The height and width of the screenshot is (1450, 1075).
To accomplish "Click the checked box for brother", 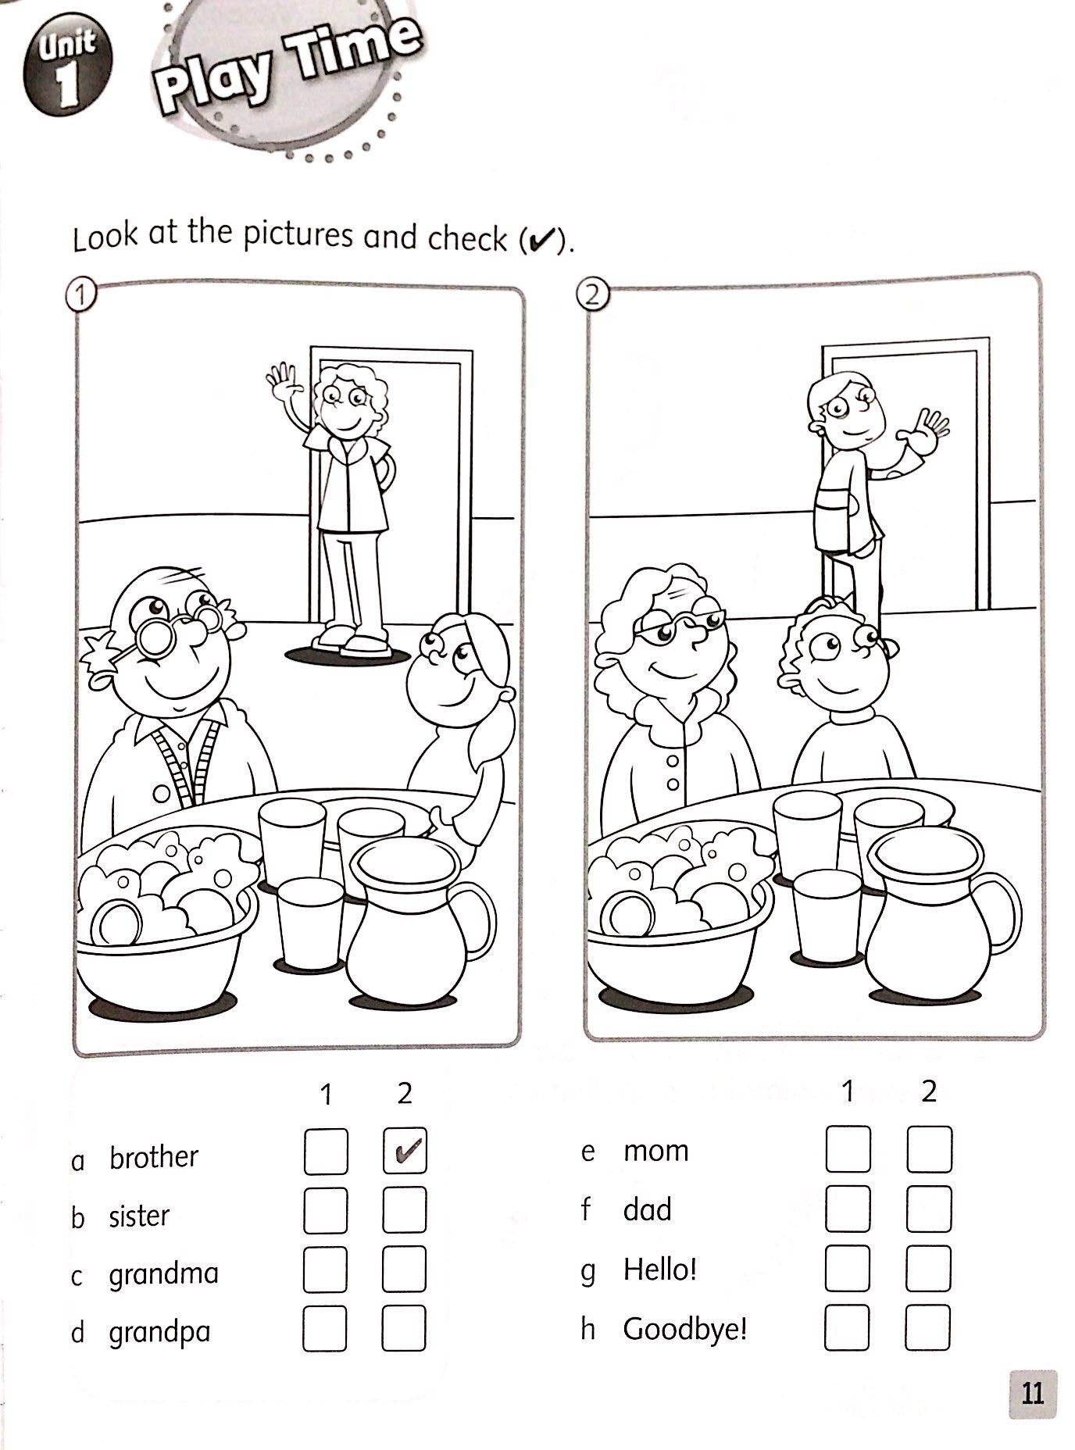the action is pyautogui.click(x=405, y=1151).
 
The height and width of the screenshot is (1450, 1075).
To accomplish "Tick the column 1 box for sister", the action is pyautogui.click(x=326, y=1209).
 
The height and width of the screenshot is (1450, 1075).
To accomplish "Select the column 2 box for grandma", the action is pyautogui.click(x=404, y=1269).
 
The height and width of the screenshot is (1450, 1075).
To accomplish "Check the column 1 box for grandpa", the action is pyautogui.click(x=325, y=1328).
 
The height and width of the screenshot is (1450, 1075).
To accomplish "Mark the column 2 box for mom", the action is pyautogui.click(x=930, y=1149).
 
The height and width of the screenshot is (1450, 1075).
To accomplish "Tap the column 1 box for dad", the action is pyautogui.click(x=848, y=1209).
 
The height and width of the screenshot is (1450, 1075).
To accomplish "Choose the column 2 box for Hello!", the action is pyautogui.click(x=929, y=1268).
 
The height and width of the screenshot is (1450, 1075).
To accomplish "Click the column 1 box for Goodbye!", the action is pyautogui.click(x=847, y=1327).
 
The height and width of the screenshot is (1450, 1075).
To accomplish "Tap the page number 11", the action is pyautogui.click(x=1032, y=1393).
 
